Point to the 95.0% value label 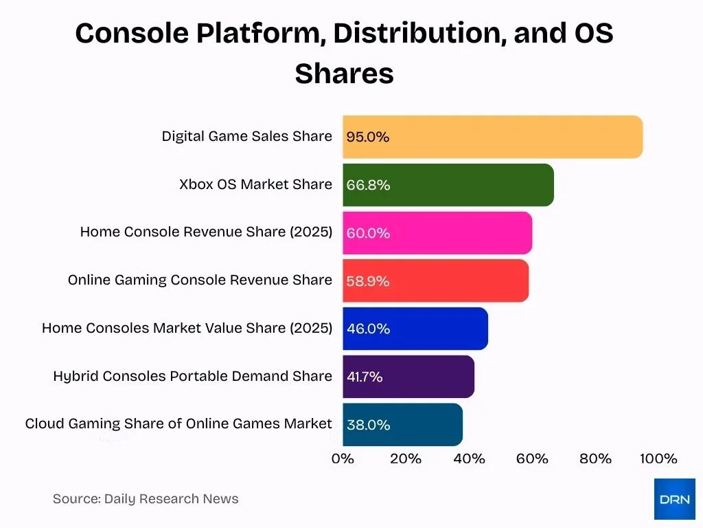pos(368,137)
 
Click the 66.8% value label pos(368,185)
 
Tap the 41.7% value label pos(365,377)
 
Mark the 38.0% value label pos(368,425)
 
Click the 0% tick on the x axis pos(343,459)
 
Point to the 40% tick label pos(469,459)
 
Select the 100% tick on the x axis pos(658,459)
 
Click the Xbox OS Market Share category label pos(255,184)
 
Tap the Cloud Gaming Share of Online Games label pos(178,423)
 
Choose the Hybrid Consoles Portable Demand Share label pos(192,376)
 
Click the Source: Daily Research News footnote pos(146,499)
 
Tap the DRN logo pos(674,499)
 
